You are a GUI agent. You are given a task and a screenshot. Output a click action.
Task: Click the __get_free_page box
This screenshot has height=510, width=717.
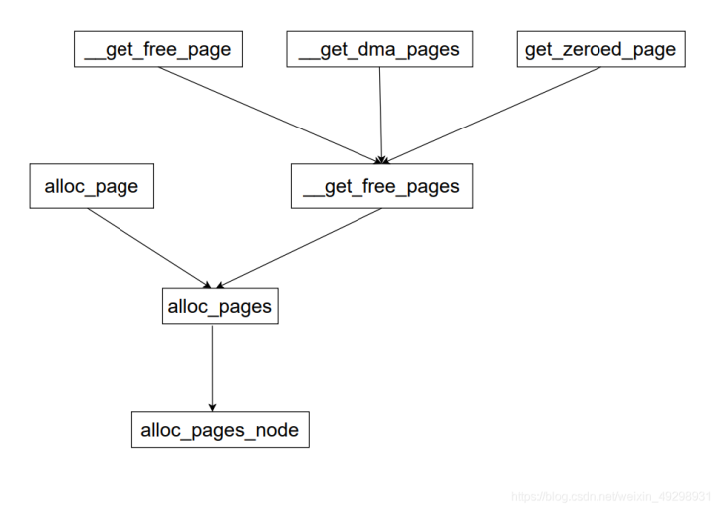pos(158,50)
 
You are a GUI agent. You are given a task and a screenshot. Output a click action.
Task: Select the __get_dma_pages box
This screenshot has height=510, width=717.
pos(379,50)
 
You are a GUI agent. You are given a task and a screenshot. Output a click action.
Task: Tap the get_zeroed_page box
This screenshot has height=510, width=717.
pos(600,50)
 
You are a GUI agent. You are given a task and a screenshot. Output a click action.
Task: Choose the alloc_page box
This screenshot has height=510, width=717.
pos(92,187)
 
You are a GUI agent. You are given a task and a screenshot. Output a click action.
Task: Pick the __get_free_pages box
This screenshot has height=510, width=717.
pos(381,187)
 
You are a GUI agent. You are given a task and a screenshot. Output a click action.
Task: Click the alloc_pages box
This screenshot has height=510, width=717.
pos(220,306)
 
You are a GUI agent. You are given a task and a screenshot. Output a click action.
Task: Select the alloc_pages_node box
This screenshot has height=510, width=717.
pos(220,430)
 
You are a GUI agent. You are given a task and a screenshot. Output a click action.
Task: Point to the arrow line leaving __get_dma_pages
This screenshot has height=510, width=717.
pos(380,110)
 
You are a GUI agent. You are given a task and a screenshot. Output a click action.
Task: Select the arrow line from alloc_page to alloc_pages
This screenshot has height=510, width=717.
pos(149,245)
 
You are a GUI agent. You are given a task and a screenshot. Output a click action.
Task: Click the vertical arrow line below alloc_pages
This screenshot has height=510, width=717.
pos(212,364)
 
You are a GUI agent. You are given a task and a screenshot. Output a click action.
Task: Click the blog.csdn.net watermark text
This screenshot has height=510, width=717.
pos(611,495)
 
